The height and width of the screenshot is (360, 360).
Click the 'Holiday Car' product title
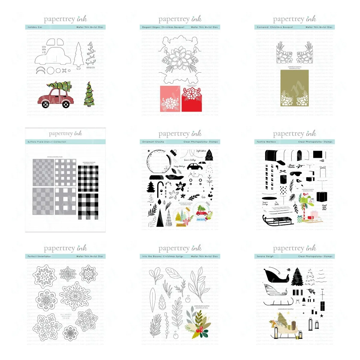coord(35,27)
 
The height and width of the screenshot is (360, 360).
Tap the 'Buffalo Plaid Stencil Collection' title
coord(47,142)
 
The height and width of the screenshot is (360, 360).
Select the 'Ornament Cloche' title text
coord(153,142)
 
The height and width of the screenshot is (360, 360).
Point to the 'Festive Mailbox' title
coord(266,142)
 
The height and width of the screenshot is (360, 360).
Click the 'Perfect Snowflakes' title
coord(39,256)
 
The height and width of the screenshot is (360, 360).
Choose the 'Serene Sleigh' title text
coord(265,256)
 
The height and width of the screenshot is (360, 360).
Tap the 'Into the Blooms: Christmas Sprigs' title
coord(163,256)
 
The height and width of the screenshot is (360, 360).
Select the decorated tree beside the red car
coord(89,94)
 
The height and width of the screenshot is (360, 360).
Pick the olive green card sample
coord(294,88)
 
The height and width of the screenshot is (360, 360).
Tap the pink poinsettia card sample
coord(170,99)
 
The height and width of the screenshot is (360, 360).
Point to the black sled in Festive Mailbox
coord(277,220)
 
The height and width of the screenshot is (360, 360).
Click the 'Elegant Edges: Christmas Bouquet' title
coord(163,27)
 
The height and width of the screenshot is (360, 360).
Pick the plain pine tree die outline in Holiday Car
coord(79,54)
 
